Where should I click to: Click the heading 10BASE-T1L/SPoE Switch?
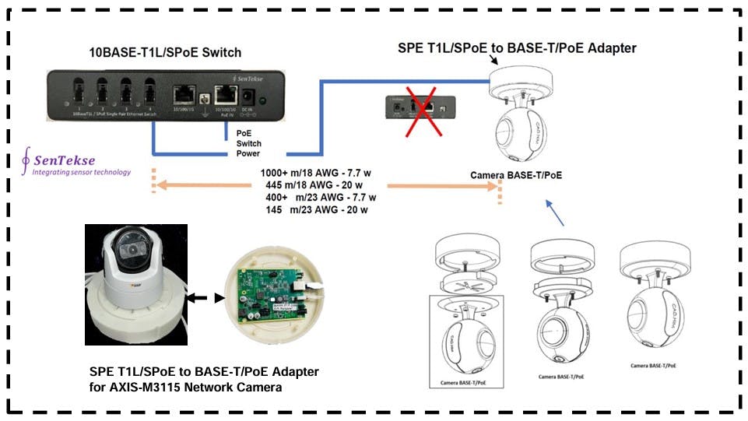tap(164, 53)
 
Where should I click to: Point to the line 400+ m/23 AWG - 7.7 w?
tap(321, 197)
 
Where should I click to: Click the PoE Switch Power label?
tap(249, 143)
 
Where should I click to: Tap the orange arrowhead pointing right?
tap(490, 187)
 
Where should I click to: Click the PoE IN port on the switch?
tap(227, 96)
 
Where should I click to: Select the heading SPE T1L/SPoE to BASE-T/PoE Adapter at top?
tap(517, 48)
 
